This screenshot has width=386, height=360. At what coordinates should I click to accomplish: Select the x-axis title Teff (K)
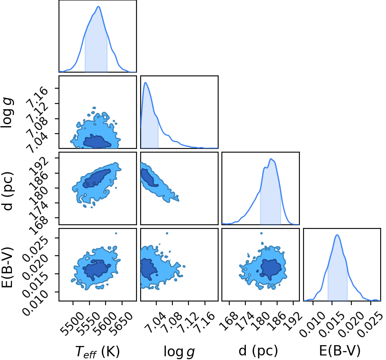pos(97,351)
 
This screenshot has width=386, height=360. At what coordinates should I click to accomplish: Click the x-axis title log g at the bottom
pos(179,352)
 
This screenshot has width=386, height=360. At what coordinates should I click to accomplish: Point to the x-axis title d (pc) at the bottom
pos(258,351)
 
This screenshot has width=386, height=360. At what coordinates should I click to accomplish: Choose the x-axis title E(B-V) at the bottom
pos(340,351)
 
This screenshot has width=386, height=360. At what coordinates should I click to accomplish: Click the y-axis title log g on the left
pos(7,112)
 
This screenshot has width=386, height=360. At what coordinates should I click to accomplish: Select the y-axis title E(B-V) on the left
pos(7,267)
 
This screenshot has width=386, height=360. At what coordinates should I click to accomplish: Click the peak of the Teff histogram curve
pos(99,7)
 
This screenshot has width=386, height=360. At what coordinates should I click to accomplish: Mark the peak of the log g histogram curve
pos(146,82)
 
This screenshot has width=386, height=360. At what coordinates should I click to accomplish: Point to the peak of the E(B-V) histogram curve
pos(337,235)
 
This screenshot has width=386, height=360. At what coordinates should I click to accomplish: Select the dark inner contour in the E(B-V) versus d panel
pos(271,268)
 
